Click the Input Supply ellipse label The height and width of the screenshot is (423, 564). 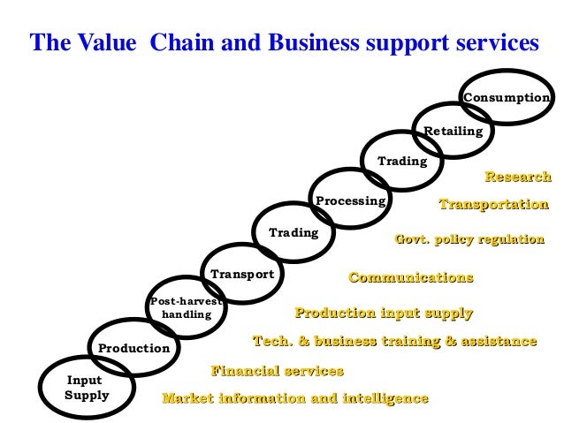click(87, 388)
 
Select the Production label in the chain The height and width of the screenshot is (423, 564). click(133, 348)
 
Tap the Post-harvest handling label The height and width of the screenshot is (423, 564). click(186, 307)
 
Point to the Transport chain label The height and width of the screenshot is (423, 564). click(242, 275)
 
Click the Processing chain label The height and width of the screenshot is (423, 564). click(351, 201)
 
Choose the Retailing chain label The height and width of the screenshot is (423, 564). click(453, 131)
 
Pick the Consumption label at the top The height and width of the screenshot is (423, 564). click(507, 98)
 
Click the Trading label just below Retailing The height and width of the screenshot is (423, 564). click(402, 162)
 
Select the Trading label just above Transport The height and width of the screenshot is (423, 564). click(293, 233)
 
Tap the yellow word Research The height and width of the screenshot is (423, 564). click(518, 178)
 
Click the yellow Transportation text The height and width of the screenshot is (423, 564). click(493, 205)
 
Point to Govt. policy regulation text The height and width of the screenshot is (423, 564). click(469, 239)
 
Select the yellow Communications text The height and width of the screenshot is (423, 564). click(411, 278)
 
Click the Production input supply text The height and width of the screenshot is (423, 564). click(384, 313)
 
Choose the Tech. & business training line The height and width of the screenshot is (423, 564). click(394, 341)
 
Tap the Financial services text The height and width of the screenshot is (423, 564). click(277, 371)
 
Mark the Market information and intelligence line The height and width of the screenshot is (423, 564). click(295, 398)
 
